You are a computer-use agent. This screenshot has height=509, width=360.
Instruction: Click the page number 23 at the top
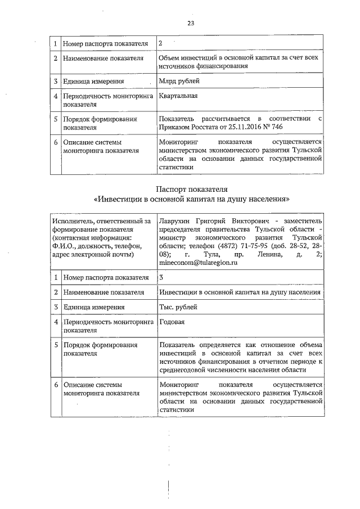pyautogui.click(x=190, y=23)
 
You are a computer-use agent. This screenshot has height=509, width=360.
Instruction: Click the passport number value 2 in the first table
pyautogui.click(x=161, y=43)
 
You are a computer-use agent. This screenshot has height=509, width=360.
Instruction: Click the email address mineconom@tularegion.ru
pyautogui.click(x=198, y=262)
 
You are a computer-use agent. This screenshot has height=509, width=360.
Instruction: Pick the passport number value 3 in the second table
pyautogui.click(x=161, y=277)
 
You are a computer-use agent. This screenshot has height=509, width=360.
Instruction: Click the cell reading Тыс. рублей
pyautogui.click(x=179, y=307)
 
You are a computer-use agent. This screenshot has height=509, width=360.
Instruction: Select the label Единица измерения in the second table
pyautogui.click(x=93, y=307)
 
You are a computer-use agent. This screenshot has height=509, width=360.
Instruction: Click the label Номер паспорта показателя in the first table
pyautogui.click(x=105, y=43)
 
